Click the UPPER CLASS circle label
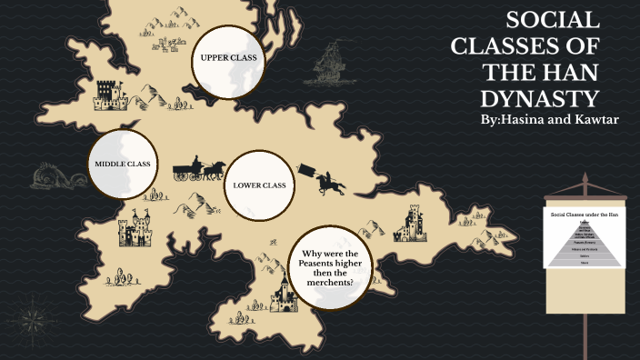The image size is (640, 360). pos(228,58)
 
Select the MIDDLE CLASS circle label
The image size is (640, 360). pos(122,165)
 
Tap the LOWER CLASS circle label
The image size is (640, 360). pos(259,185)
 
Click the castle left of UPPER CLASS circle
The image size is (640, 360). pos(107,93)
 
